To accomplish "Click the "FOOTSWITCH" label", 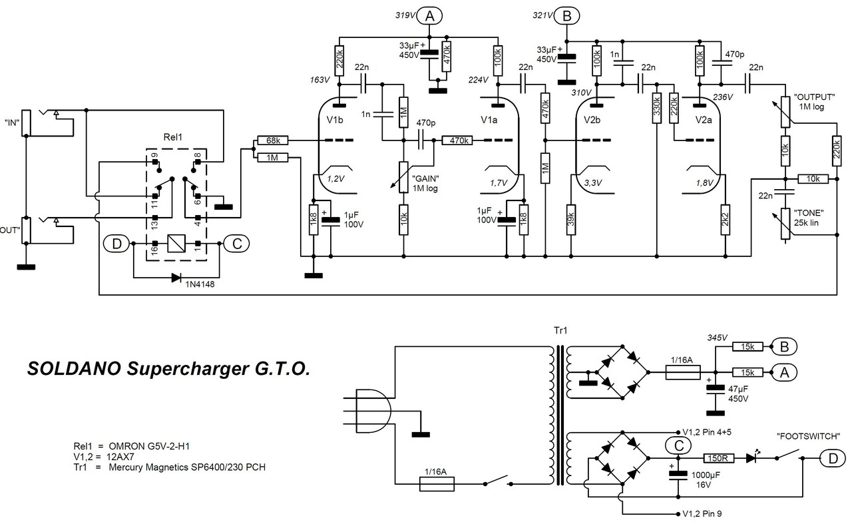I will point(808,436).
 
